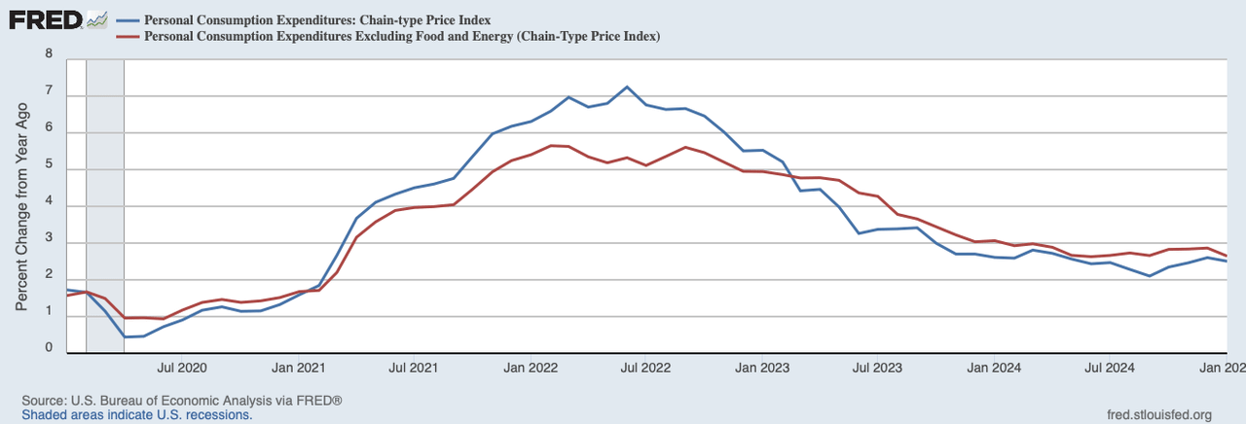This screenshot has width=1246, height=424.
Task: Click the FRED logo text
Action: click(45, 18)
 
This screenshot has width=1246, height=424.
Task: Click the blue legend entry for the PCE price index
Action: click(316, 19)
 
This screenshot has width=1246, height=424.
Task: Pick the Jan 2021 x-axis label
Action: click(299, 369)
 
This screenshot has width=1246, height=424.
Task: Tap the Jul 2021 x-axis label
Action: click(413, 369)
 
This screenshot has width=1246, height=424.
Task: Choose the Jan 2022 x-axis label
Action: click(531, 369)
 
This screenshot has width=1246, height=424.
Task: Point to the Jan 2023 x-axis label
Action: click(762, 369)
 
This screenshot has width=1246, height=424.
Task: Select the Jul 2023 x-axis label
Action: click(876, 369)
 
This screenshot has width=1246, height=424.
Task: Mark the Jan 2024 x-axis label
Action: click(994, 369)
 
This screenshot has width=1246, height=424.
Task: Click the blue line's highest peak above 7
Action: click(627, 88)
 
